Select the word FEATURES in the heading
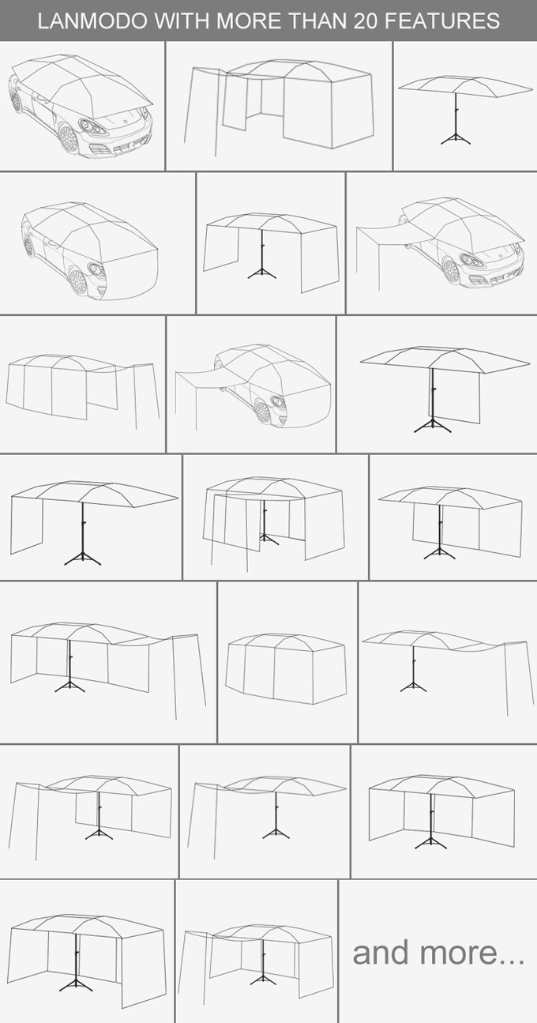point(442,21)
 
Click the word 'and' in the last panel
point(381,953)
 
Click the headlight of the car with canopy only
point(92,126)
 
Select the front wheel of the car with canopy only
point(69,139)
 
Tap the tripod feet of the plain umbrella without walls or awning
point(455,139)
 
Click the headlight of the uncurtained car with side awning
point(471,261)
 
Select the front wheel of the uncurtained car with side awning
point(451,271)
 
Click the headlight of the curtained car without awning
point(96,269)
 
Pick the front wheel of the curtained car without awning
point(77,282)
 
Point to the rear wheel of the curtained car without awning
point(28,246)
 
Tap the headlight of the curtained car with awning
point(278,402)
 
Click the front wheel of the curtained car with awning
point(262,412)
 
